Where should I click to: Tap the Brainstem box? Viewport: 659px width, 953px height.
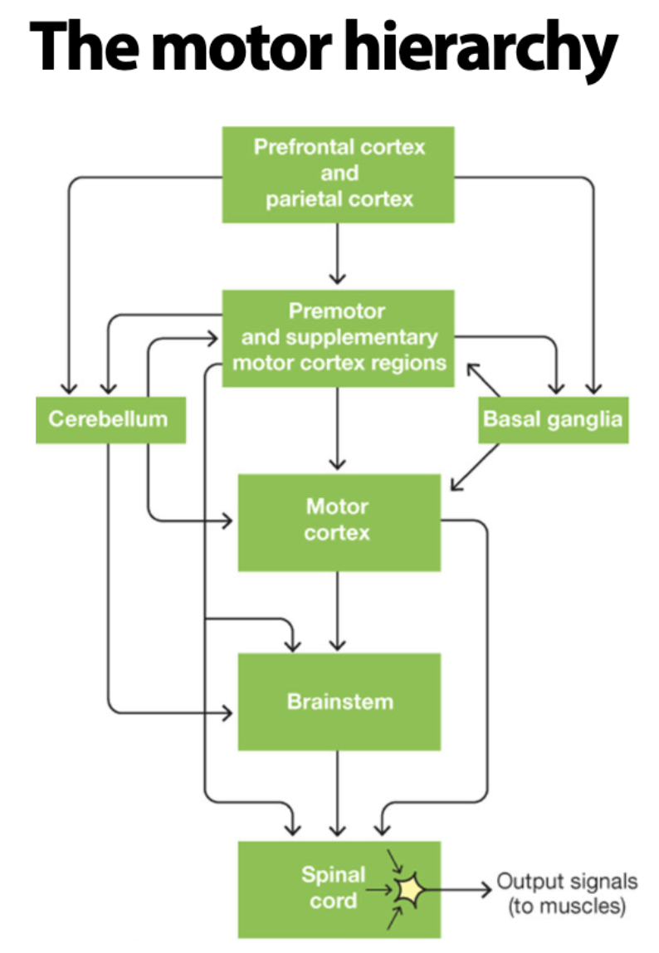click(339, 701)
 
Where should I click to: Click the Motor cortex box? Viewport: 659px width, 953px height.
click(339, 521)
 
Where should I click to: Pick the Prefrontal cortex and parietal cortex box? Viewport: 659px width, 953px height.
click(339, 174)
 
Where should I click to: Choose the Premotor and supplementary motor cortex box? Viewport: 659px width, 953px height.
click(339, 338)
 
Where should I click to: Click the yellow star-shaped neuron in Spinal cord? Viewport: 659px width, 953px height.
click(408, 890)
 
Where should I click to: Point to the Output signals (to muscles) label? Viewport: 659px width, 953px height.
click(567, 893)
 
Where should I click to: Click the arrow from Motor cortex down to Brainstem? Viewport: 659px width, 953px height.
click(337, 610)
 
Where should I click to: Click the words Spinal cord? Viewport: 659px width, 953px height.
click(333, 887)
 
